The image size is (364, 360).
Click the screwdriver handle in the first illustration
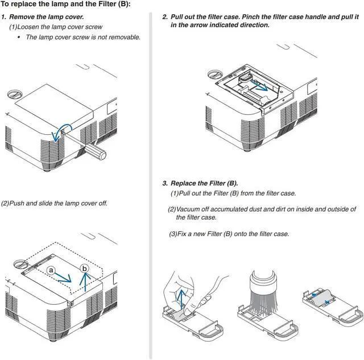pyautogui.click(x=95, y=151)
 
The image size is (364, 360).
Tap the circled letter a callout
pyautogui.click(x=51, y=270)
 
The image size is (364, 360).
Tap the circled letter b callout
pyautogui.click(x=85, y=268)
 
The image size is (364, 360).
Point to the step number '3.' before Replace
pyautogui.click(x=165, y=183)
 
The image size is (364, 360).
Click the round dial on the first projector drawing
pyautogui.click(x=14, y=94)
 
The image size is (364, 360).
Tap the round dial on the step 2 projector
pyautogui.click(x=215, y=74)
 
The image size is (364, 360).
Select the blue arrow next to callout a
pyautogui.click(x=63, y=278)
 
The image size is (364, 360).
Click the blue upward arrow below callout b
pyautogui.click(x=85, y=282)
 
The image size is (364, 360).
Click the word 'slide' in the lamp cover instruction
pyautogui.click(x=45, y=204)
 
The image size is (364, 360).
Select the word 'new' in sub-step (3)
pyautogui.click(x=199, y=234)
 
